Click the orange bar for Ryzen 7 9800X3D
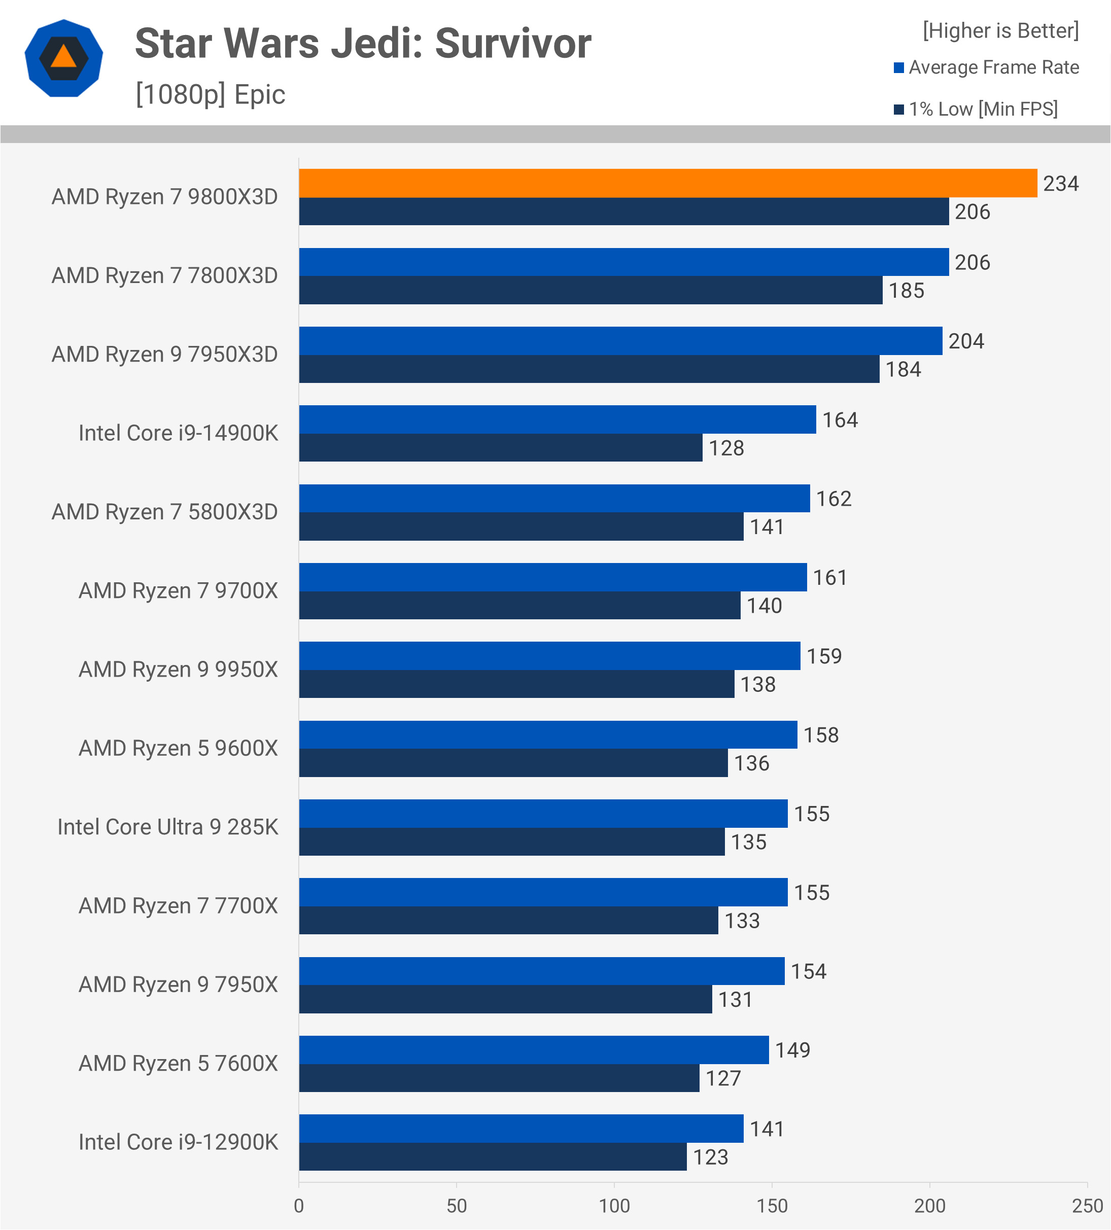(x=668, y=183)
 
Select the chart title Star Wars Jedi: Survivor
(x=363, y=44)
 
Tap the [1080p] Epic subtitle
(x=211, y=94)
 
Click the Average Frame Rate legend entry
(x=993, y=67)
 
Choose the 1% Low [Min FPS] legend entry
(x=982, y=109)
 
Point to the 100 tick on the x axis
(x=614, y=1206)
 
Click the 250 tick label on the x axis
(x=1087, y=1206)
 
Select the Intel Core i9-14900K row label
(x=178, y=433)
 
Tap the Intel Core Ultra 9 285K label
(x=168, y=827)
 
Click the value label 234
(x=1060, y=184)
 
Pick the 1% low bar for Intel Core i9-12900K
(x=493, y=1157)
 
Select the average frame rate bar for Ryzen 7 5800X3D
(x=554, y=499)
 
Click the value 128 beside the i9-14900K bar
(x=726, y=448)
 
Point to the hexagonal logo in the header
(x=63, y=58)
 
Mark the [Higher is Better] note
(x=1000, y=30)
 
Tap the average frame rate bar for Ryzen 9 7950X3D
(x=620, y=341)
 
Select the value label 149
(x=792, y=1050)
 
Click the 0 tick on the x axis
(x=299, y=1206)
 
